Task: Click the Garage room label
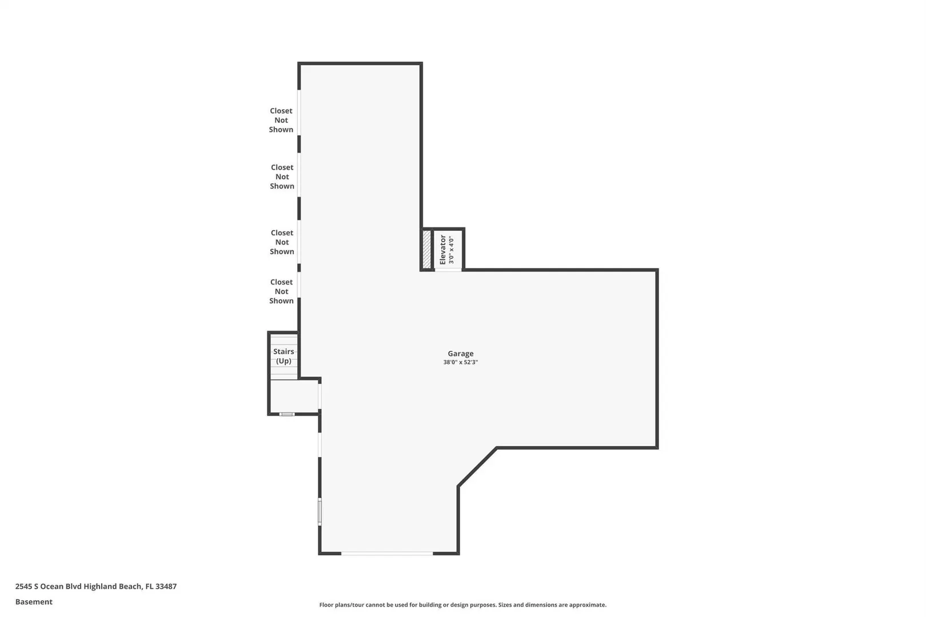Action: [461, 354]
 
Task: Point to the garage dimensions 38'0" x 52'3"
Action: [461, 362]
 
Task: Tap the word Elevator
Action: [443, 250]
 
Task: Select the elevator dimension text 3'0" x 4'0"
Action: [452, 250]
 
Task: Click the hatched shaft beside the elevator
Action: [427, 249]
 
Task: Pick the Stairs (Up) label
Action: [284, 356]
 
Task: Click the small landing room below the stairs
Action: [294, 396]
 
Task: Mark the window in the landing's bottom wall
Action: [287, 414]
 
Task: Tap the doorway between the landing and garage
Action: [320, 396]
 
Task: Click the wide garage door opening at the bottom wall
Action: [387, 553]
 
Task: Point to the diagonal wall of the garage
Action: [477, 467]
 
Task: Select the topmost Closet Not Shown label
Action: [281, 121]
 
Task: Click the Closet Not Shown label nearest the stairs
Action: [282, 291]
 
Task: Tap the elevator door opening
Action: [448, 270]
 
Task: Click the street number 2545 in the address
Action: [23, 586]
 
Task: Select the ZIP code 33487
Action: [166, 586]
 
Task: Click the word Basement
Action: [34, 602]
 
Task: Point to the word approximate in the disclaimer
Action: [588, 605]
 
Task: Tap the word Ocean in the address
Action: [51, 586]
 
